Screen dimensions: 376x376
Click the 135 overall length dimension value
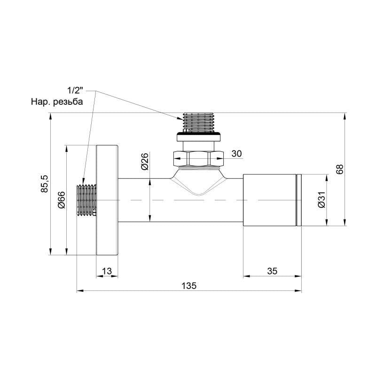[x=188, y=285]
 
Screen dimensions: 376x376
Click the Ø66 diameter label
[x=61, y=200]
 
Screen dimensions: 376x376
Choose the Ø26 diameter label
[x=144, y=161]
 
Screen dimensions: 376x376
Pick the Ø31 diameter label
[x=321, y=200]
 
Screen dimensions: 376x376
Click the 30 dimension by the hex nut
[x=236, y=154]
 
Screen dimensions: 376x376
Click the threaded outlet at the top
[x=198, y=122]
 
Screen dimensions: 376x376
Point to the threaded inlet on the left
[x=86, y=200]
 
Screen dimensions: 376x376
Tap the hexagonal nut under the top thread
[x=198, y=158]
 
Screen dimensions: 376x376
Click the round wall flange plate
[x=107, y=200]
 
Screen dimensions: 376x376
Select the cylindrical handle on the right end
[x=269, y=200]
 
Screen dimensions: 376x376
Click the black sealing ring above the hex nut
[x=198, y=137]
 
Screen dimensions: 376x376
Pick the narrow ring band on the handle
[x=298, y=200]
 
